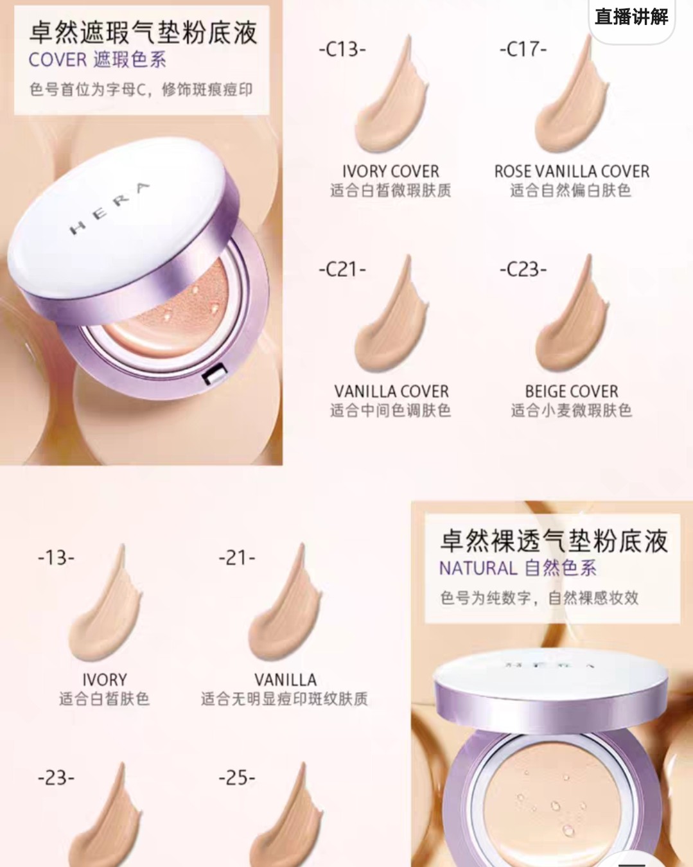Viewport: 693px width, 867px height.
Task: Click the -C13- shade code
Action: [342, 49]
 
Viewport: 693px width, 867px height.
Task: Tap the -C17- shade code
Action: [523, 49]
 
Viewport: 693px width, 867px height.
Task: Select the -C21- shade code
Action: [342, 269]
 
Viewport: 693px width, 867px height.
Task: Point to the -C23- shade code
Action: [523, 269]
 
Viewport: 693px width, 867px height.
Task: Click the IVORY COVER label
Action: [390, 171]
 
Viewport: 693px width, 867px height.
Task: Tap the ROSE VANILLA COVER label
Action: [572, 171]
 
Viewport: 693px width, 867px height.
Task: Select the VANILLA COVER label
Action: [391, 391]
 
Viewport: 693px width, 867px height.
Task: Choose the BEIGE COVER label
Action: [572, 391]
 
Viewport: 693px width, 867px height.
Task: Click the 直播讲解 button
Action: [631, 17]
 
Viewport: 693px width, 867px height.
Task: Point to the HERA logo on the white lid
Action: [109, 208]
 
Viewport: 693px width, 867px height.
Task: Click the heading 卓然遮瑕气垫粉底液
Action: [143, 32]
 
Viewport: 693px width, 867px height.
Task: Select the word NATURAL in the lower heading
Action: [478, 568]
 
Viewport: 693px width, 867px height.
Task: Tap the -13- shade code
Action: [56, 557]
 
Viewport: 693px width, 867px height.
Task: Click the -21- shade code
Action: [237, 557]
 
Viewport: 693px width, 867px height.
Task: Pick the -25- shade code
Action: [237, 778]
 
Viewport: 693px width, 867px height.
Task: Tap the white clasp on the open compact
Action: [214, 374]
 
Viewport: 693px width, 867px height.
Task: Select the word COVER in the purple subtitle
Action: [58, 60]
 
